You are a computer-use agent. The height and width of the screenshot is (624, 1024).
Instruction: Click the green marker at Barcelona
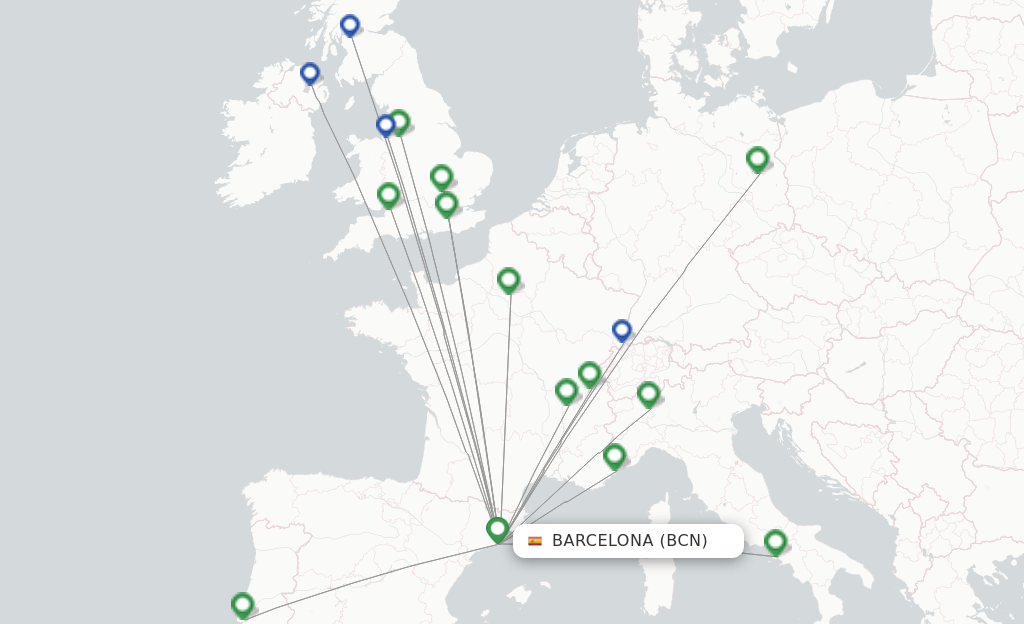497,528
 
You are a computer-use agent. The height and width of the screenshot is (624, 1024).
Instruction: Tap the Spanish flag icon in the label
535,541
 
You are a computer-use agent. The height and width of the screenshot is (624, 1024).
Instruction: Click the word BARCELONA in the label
602,541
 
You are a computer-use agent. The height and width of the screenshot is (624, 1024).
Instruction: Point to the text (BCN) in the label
683,541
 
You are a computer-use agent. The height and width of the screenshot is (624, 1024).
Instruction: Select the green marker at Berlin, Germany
757,158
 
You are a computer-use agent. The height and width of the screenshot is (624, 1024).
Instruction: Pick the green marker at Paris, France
508,279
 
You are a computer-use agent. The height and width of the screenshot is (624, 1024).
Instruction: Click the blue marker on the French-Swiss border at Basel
621,329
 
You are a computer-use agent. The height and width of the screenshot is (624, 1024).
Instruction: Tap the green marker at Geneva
589,373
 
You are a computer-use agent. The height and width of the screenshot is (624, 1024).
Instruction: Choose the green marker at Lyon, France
566,390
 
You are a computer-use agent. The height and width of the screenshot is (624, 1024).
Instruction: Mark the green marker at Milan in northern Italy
648,393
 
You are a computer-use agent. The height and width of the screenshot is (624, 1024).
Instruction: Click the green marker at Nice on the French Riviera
614,455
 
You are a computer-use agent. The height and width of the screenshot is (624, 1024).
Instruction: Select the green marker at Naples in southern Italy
775,541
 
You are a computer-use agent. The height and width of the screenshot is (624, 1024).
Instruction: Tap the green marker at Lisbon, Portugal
242,603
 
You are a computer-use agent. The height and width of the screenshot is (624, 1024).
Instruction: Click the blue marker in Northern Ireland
310,72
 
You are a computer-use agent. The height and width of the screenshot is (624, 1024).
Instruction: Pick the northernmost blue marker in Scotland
349,24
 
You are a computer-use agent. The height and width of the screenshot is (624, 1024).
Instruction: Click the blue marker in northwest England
385,124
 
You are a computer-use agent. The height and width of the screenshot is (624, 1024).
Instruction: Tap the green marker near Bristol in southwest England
388,194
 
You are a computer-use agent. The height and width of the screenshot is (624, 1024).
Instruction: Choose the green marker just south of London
446,203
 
